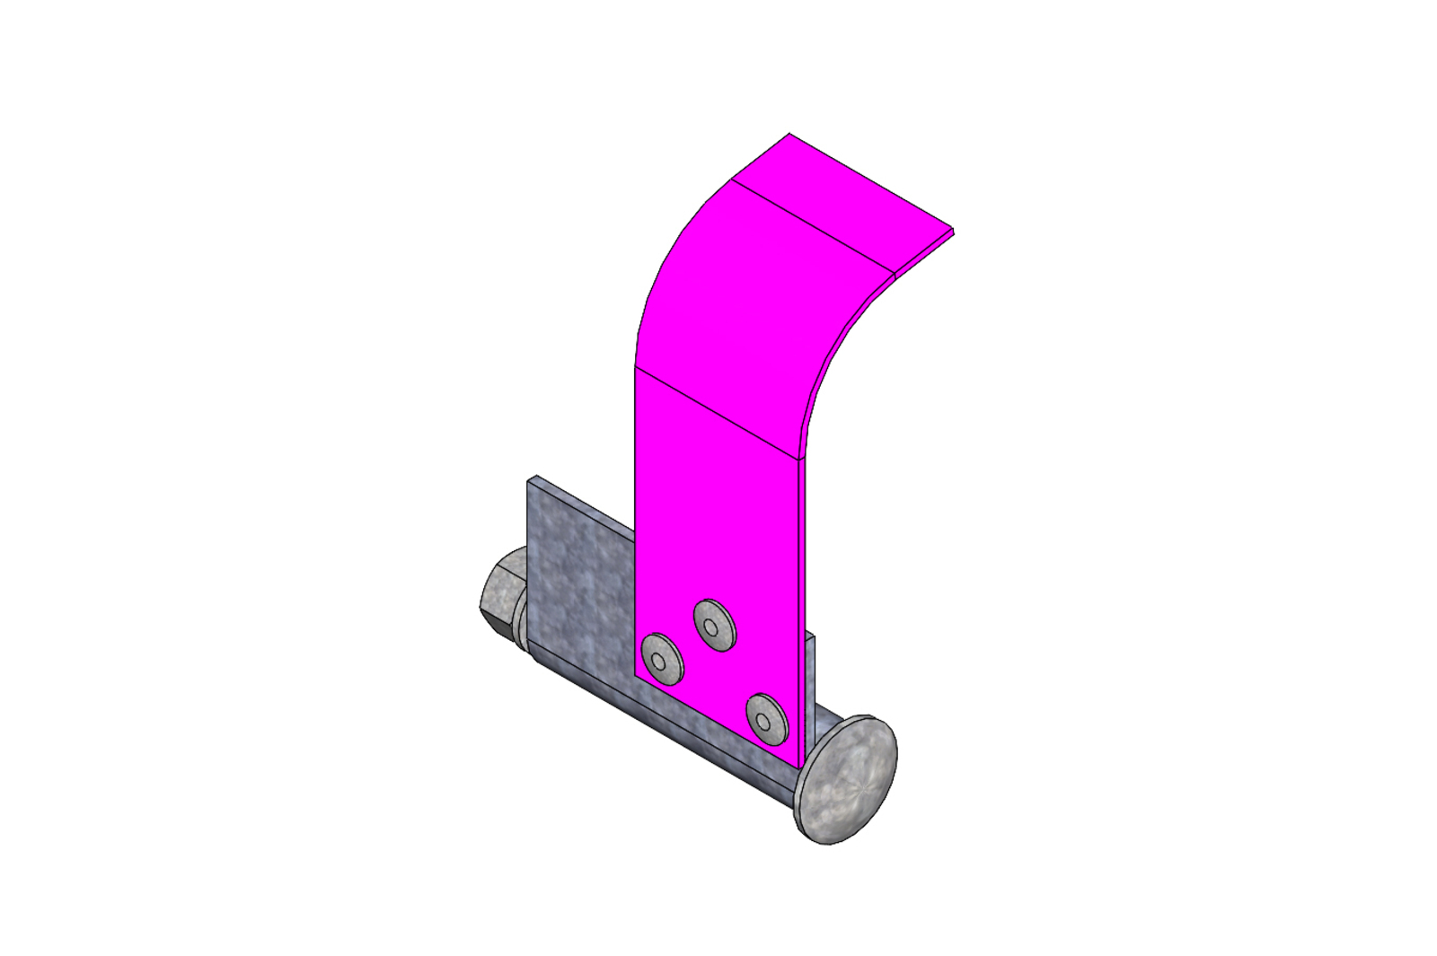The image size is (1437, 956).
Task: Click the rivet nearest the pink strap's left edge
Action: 662,659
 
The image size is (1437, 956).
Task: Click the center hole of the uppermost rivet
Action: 712,626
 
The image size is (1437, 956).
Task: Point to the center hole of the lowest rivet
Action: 763,720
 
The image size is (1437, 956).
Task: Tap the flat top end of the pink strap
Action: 835,202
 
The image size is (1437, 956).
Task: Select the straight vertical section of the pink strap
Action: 718,503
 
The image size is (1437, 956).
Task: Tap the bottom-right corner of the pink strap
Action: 798,767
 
